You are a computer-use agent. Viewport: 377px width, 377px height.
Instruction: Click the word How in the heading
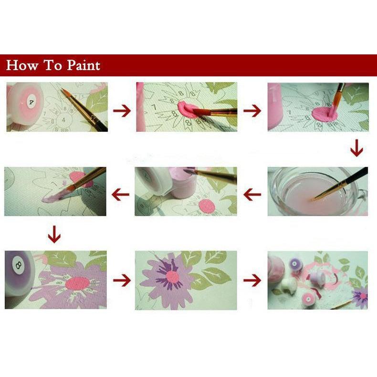pyautogui.click(x=22, y=65)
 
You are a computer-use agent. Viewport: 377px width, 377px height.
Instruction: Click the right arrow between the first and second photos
pyautogui.click(x=122, y=111)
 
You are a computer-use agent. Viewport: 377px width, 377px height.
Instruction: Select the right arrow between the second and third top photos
pyautogui.click(x=252, y=111)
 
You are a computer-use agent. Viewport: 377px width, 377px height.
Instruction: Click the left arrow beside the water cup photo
pyautogui.click(x=252, y=194)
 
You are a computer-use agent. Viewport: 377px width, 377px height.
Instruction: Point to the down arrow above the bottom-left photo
pyautogui.click(x=55, y=234)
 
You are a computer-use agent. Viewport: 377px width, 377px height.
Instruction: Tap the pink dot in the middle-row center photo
pyautogui.click(x=206, y=206)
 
